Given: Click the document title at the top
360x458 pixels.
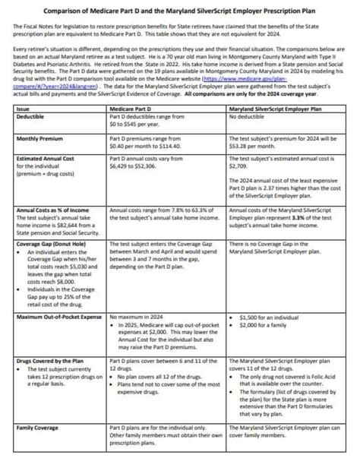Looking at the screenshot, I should (180, 11).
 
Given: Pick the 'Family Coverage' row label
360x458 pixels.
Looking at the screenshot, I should (39, 429).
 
